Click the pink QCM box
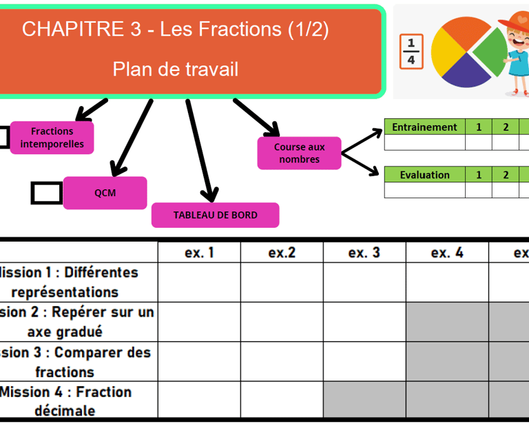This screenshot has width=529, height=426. pos(105,193)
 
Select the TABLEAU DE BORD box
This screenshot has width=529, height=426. pos(215,215)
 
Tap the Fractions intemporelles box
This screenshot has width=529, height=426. pos(52,137)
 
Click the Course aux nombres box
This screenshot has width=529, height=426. pos(299,153)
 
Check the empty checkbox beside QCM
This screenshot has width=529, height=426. pos(46,193)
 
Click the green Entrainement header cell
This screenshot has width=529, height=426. pos(424,127)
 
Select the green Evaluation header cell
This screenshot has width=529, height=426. pos(424,175)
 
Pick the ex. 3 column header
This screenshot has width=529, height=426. pos(364,253)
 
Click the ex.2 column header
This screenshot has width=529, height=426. pos(282,253)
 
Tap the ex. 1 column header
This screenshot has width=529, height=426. pos(199,253)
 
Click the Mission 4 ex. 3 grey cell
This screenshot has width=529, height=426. pos(364,401)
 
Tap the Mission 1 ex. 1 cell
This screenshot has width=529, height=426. pos(199,282)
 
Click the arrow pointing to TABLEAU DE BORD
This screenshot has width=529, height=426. pos(202,151)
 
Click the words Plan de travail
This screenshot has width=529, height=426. pos(176,70)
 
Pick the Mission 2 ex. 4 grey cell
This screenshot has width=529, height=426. pos(447,321)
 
